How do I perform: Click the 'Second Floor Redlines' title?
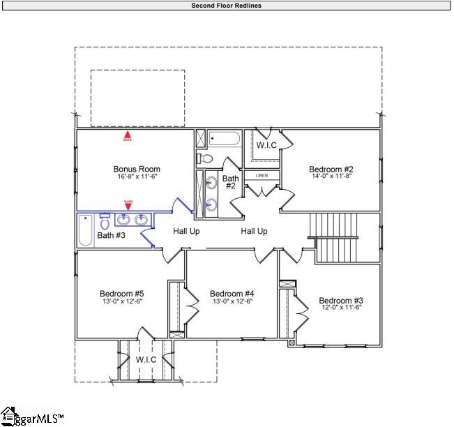point(227,6)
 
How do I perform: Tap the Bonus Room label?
point(137,169)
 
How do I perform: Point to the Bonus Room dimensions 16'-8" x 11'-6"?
point(137,177)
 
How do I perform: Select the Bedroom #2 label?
point(331,169)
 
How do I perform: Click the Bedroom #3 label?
point(341,301)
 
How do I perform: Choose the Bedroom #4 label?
point(232,294)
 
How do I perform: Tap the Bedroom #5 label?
point(121,294)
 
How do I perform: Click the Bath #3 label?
point(111,236)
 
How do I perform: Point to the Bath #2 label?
point(230,183)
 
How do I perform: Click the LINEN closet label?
point(262,176)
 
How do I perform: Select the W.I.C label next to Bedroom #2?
point(266,146)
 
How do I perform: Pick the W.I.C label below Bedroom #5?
point(146,359)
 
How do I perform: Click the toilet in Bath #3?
point(105,223)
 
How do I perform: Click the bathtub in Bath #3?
point(85,231)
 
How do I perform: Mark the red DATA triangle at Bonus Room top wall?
point(128,135)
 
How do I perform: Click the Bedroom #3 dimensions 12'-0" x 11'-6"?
point(341,308)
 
